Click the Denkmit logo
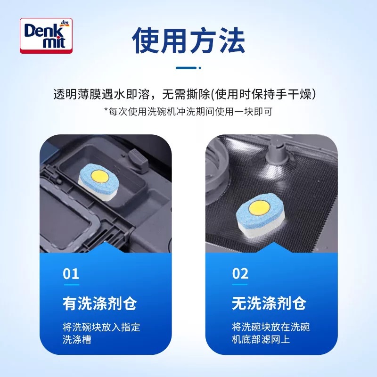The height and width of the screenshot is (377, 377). (x=46, y=35)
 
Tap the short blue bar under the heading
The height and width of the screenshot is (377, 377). (x=188, y=67)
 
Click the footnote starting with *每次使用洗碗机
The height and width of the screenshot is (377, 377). (x=188, y=111)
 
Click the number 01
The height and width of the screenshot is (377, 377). (x=71, y=274)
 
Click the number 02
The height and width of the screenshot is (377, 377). (x=240, y=274)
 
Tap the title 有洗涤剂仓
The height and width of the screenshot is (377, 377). (x=99, y=303)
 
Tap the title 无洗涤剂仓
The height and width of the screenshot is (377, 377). (x=269, y=303)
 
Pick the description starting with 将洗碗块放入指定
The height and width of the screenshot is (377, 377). (x=101, y=333)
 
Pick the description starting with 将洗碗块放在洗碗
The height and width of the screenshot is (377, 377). (x=270, y=333)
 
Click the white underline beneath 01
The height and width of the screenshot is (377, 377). (x=71, y=285)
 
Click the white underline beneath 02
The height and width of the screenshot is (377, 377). (x=240, y=285)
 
